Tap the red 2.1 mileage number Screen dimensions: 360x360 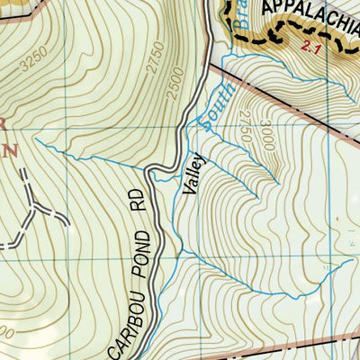click(312, 46)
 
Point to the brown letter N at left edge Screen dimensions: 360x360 click(12, 150)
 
